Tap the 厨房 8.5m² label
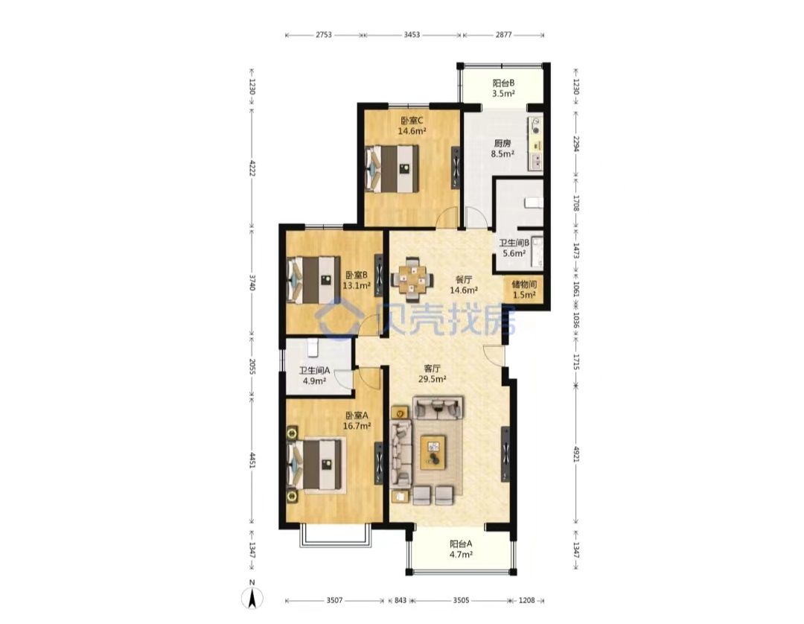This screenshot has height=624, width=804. click(x=502, y=148)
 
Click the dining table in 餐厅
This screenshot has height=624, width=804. click(x=412, y=279)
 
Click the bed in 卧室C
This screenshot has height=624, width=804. click(x=392, y=169)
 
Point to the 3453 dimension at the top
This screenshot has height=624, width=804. click(x=412, y=35)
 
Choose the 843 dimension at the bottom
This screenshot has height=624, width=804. click(x=400, y=600)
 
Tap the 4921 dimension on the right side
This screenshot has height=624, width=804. click(x=576, y=453)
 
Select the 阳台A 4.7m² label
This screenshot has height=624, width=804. click(x=461, y=549)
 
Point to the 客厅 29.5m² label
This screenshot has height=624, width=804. click(x=433, y=374)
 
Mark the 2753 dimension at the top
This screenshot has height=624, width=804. click(x=324, y=35)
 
